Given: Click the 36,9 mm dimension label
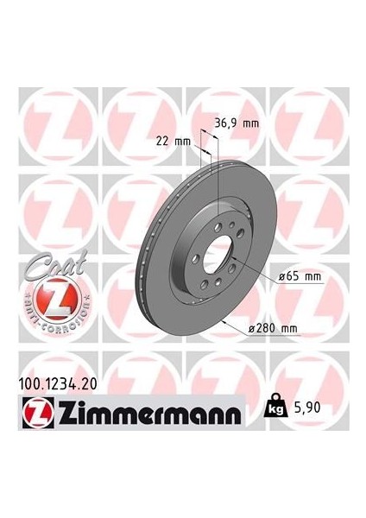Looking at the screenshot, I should pos(237,123).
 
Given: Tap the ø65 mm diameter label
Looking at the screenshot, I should pos(300,276).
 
